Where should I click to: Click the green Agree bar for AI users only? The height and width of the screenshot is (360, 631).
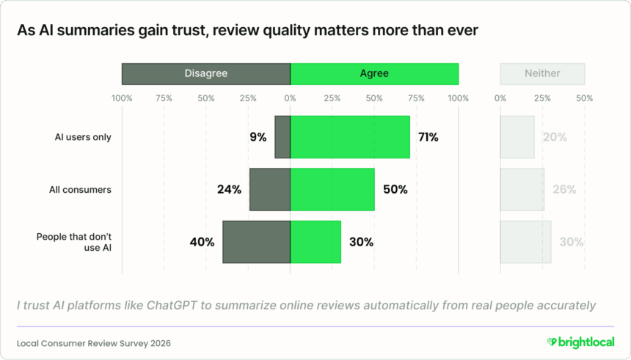[350, 137]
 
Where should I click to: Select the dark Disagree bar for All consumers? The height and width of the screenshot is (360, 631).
[269, 189]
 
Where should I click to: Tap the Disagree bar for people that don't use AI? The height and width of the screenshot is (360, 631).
[256, 242]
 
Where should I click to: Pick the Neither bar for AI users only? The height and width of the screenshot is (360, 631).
[517, 137]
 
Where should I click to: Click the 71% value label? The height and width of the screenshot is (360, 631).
[428, 137]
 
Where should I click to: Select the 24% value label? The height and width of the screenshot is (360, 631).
[229, 189]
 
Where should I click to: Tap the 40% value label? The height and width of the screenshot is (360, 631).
[203, 242]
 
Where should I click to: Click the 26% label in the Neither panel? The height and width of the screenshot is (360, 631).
[564, 189]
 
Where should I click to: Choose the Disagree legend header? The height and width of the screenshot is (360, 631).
[205, 73]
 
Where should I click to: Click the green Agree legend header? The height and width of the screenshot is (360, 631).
[374, 73]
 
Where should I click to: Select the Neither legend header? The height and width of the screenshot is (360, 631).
[542, 73]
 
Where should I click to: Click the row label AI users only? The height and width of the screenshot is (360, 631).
[83, 137]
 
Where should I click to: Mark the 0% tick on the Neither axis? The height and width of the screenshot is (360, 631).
[500, 98]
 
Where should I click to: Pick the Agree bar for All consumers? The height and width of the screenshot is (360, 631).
[332, 189]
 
